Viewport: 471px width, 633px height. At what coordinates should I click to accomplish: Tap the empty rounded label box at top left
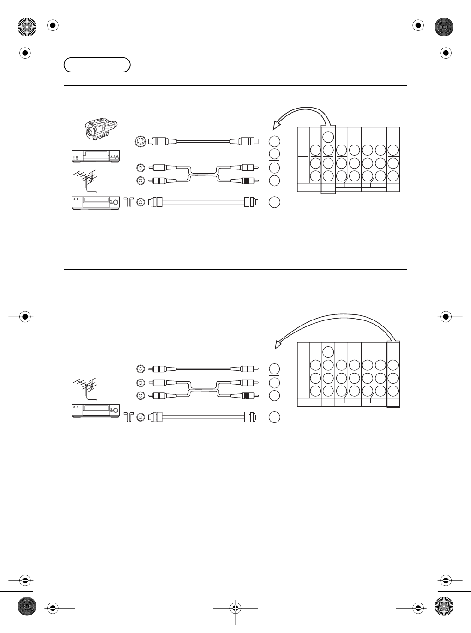(x=97, y=65)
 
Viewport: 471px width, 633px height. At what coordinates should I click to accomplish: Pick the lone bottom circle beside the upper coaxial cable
(x=274, y=202)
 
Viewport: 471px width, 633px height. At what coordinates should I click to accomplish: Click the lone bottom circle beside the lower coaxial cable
(x=274, y=417)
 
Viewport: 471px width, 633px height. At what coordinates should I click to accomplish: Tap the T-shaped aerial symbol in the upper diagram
(x=128, y=202)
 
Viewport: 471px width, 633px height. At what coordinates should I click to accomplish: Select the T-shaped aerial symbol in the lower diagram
(x=129, y=417)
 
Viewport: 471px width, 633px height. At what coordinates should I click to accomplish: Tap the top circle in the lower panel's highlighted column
(x=393, y=365)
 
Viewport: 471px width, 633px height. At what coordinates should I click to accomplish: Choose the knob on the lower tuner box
(x=115, y=410)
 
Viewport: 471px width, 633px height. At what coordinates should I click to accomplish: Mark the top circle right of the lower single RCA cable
(x=274, y=369)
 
